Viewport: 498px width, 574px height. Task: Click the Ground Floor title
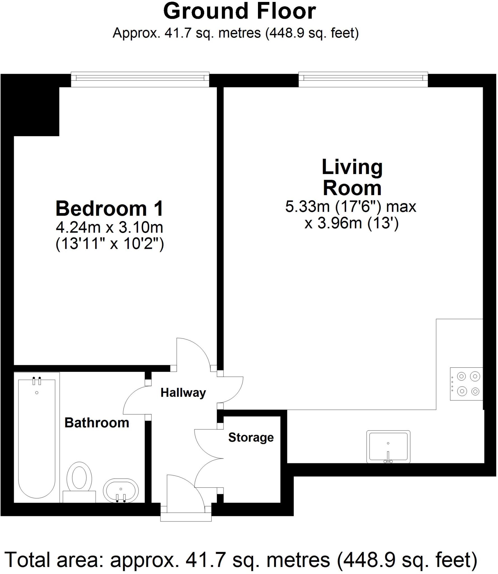pos(239,12)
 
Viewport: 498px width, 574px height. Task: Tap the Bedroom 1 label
pos(109,209)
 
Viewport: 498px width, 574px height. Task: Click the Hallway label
pos(183,393)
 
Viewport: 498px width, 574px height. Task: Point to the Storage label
pos(251,438)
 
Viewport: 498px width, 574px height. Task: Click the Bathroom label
pos(97,423)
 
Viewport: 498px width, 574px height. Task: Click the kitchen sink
pos(388,447)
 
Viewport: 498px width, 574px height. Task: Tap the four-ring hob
pos(466,384)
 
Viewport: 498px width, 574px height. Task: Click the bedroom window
pos(140,79)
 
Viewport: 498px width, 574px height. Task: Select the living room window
pos(363,79)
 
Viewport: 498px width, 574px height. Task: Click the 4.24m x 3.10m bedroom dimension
pos(109,228)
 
